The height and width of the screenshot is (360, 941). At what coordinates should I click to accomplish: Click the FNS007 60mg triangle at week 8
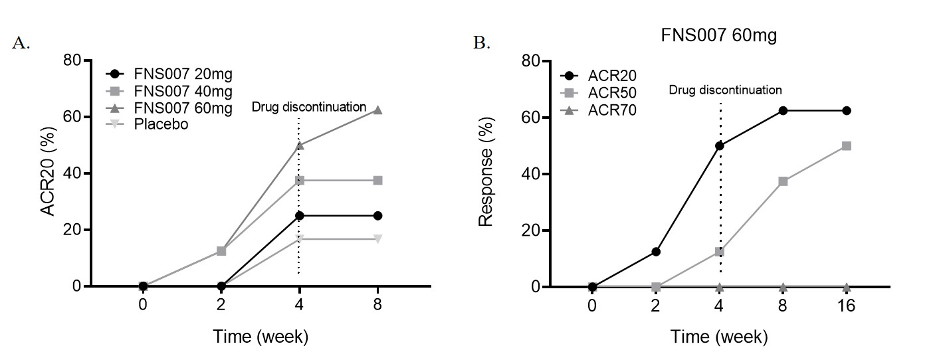pos(378,110)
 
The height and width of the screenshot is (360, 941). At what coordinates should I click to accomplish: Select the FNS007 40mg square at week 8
pos(378,181)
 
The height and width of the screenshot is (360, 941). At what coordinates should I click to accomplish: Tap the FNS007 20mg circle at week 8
pos(378,216)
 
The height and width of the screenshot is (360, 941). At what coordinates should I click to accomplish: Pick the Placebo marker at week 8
pos(378,239)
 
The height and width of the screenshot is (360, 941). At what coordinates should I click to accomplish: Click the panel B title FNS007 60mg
pos(718,37)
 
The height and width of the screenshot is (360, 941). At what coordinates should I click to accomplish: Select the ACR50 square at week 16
pos(846,145)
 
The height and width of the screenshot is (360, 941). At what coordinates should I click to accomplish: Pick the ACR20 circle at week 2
pos(656,252)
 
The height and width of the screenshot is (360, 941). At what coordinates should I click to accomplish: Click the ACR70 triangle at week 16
pos(846,287)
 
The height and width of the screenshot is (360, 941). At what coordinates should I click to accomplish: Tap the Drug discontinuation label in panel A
pos(309,106)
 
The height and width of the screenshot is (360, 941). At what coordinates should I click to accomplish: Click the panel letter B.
pos(481,43)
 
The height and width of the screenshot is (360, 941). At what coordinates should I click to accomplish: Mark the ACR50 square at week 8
pos(783,181)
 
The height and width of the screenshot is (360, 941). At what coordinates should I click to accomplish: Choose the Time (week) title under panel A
pos(261,337)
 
